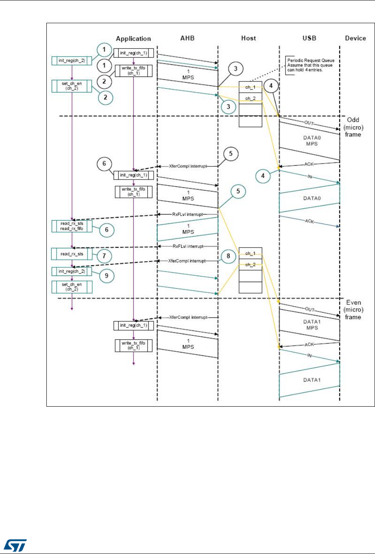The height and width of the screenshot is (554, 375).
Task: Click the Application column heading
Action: (133, 39)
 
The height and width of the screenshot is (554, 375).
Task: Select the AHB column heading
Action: (187, 38)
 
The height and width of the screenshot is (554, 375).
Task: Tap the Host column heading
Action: (248, 38)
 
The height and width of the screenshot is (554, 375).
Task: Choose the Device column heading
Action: (355, 38)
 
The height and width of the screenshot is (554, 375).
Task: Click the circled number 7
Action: (104, 256)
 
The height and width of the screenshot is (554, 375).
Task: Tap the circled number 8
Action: (229, 256)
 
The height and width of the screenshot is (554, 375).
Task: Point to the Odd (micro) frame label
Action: (353, 127)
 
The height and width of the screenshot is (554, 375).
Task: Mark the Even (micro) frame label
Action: (353, 309)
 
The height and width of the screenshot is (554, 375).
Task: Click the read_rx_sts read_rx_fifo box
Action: (72, 226)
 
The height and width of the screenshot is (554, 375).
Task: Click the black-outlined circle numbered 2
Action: (104, 81)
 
